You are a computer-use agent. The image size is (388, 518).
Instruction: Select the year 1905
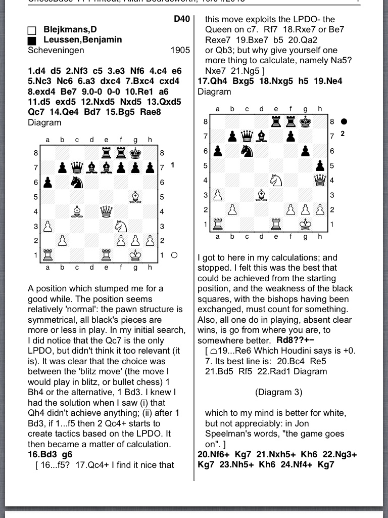pos(180,50)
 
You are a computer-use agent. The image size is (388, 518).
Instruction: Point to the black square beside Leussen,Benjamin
pos(32,40)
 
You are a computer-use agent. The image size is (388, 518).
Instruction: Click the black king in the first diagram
pos(135,152)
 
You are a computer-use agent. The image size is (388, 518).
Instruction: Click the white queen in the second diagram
pos(320,180)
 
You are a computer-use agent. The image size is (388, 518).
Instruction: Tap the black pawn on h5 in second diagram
pos(320,165)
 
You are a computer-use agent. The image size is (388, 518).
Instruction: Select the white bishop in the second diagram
pos(261,194)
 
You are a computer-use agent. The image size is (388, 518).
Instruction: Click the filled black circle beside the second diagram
pos(344,121)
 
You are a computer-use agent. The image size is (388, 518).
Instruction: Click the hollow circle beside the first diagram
pos(174,255)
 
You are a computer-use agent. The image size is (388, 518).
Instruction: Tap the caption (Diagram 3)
pos(278,392)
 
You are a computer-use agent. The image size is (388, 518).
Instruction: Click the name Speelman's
pos(226,434)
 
